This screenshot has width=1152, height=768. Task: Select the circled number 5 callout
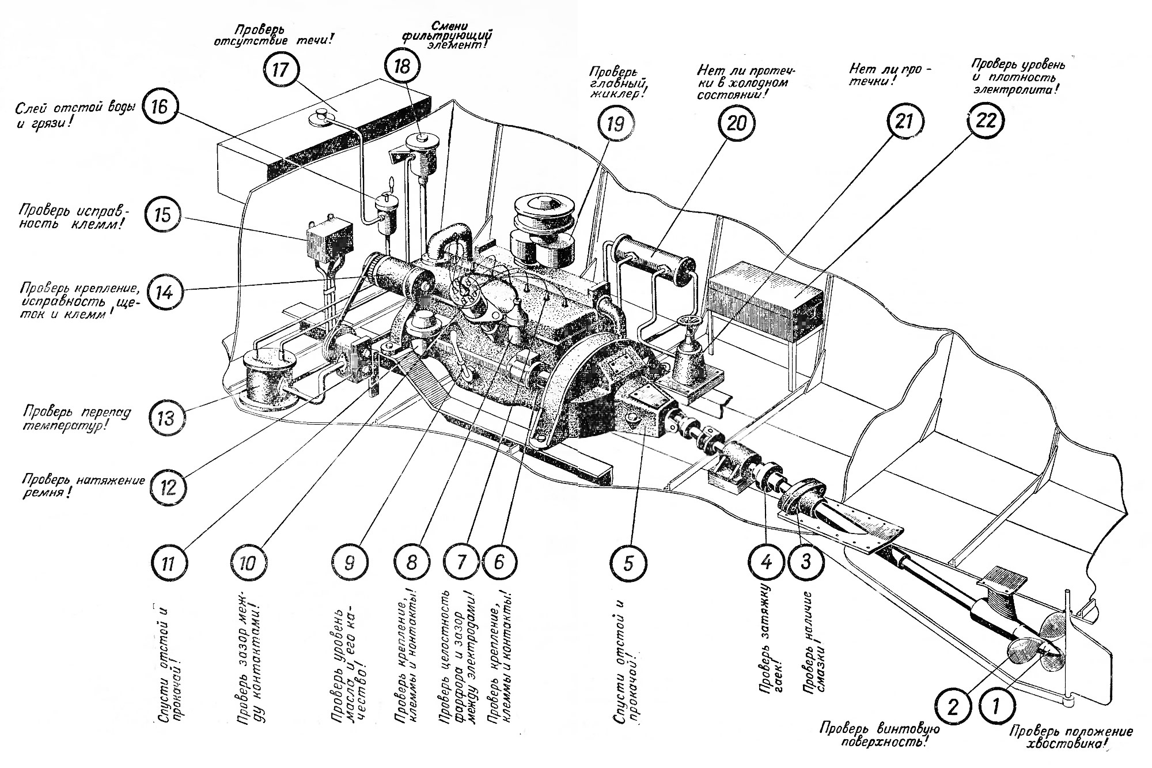(x=628, y=562)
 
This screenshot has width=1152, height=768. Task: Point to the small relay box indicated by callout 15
(x=328, y=237)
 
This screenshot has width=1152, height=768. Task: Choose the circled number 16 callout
(x=160, y=108)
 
